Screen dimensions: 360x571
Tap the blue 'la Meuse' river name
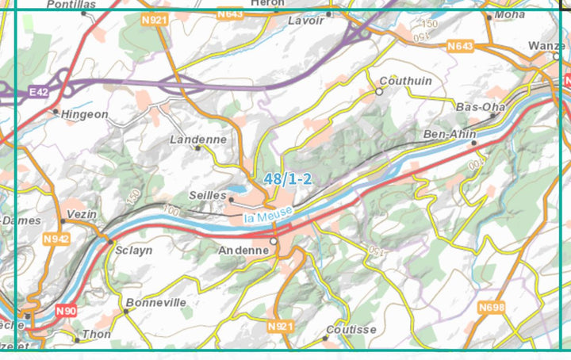click(268, 213)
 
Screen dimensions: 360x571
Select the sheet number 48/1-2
click(289, 180)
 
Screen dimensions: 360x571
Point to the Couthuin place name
click(406, 81)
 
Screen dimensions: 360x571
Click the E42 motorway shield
click(38, 93)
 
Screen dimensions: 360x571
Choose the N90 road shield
click(66, 312)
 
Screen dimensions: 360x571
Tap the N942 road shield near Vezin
click(56, 239)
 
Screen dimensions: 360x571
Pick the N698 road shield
click(491, 306)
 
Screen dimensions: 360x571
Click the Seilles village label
click(208, 195)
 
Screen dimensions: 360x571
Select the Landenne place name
click(198, 139)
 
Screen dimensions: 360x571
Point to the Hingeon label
click(84, 114)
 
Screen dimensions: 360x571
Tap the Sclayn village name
click(133, 250)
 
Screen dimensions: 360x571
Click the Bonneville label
click(156, 302)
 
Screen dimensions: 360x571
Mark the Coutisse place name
click(352, 330)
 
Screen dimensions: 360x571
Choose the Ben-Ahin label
click(450, 134)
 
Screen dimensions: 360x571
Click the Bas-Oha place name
click(481, 106)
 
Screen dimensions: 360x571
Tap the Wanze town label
click(546, 46)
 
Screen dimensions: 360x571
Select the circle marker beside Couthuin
click(379, 92)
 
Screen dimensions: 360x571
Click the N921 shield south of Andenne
click(281, 327)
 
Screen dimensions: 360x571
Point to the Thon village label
click(96, 335)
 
